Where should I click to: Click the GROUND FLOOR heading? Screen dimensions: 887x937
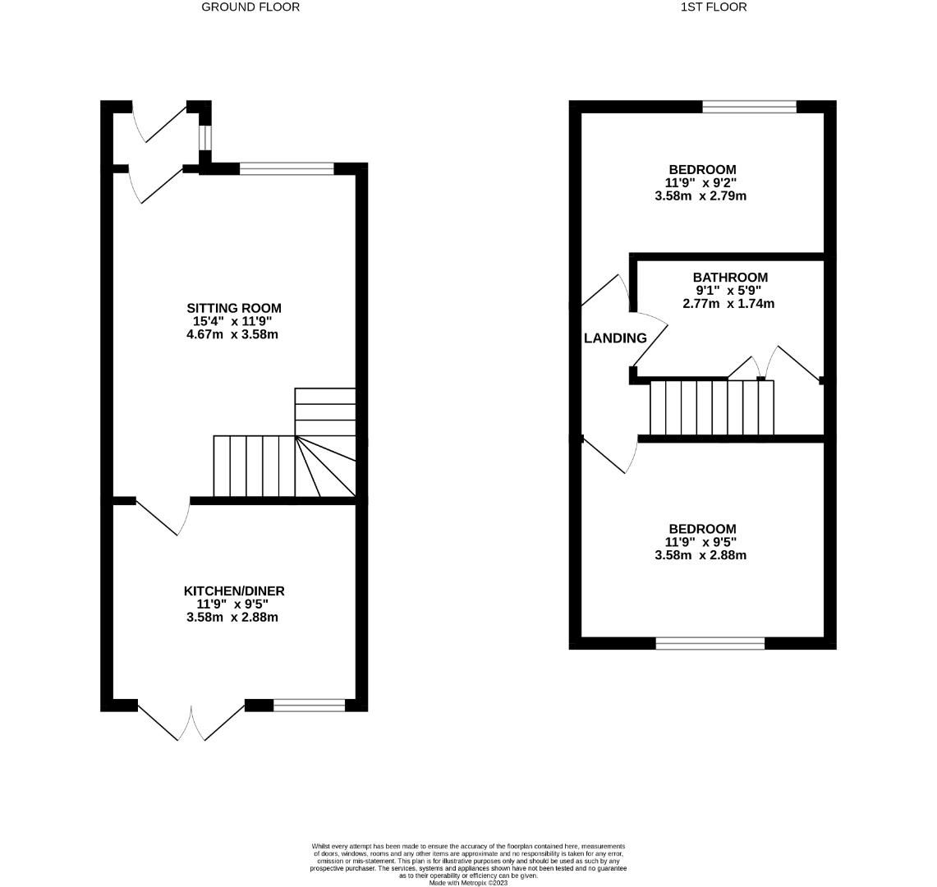250,7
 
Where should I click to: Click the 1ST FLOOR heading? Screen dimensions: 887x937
714,7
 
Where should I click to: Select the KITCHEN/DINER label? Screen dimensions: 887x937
234,591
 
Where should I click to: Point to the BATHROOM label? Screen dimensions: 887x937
730,278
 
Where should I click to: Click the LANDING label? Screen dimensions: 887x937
615,338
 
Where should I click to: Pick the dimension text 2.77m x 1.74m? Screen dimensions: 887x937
728,304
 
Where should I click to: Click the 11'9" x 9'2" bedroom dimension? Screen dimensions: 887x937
702,183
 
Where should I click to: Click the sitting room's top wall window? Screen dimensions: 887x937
287,169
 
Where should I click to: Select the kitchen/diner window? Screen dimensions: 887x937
310,705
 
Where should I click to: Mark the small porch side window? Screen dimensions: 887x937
204,138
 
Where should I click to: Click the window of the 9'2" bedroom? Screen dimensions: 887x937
749,106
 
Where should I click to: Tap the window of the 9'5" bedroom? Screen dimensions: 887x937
710,643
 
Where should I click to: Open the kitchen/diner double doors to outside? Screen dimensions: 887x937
191,720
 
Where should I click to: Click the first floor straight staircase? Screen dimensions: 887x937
711,407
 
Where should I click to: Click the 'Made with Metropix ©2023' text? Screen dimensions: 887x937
468,883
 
